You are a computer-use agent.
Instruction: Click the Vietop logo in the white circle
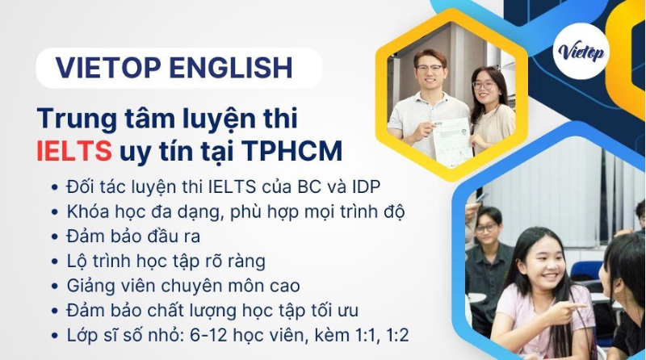[x=581, y=51]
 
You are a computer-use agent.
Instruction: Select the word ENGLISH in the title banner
[x=231, y=68]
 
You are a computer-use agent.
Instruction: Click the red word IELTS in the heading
[x=74, y=151]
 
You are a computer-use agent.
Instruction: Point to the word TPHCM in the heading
[x=292, y=151]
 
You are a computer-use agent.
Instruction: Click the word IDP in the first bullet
[x=366, y=187]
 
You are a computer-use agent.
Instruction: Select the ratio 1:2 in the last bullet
[x=398, y=335]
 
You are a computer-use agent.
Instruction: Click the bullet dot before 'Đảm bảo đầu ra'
[x=55, y=237]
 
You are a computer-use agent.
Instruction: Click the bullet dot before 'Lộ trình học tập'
[x=55, y=262]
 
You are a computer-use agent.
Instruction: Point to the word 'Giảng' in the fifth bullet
[x=90, y=287]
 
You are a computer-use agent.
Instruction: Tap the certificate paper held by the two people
[x=451, y=141]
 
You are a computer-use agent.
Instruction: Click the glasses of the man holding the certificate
[x=429, y=69]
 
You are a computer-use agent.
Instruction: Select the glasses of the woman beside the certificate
[x=483, y=86]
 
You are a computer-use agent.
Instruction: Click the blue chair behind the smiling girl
[x=586, y=270]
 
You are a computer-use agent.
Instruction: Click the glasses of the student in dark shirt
[x=486, y=228]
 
